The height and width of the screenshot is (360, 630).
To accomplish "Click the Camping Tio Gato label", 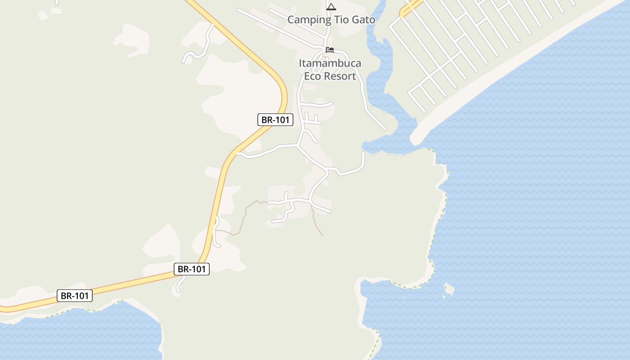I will (331, 20).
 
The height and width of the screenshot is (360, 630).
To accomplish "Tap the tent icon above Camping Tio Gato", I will (331, 7).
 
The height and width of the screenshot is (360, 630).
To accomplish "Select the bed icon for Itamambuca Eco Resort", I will (330, 49).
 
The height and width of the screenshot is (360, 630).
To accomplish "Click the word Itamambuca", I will (330, 63).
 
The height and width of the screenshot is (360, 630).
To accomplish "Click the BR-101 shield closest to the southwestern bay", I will (75, 296).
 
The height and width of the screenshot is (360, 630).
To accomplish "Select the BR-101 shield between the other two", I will (192, 269).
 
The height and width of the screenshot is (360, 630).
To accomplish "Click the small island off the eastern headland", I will (448, 289).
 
